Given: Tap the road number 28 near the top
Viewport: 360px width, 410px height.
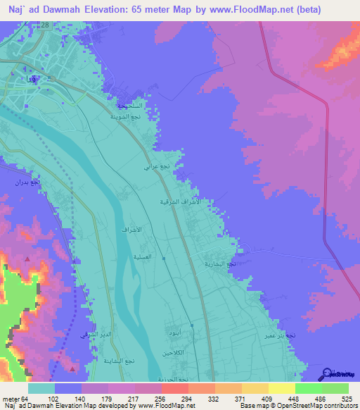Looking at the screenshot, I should tap(44, 25).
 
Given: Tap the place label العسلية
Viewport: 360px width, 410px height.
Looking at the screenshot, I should tap(125, 257).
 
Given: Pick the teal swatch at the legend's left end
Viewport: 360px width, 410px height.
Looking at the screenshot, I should tap(41, 388).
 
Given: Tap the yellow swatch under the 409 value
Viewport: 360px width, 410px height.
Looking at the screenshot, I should tap(255, 388).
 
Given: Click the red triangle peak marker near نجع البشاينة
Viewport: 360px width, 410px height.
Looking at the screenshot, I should tap(74, 367).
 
